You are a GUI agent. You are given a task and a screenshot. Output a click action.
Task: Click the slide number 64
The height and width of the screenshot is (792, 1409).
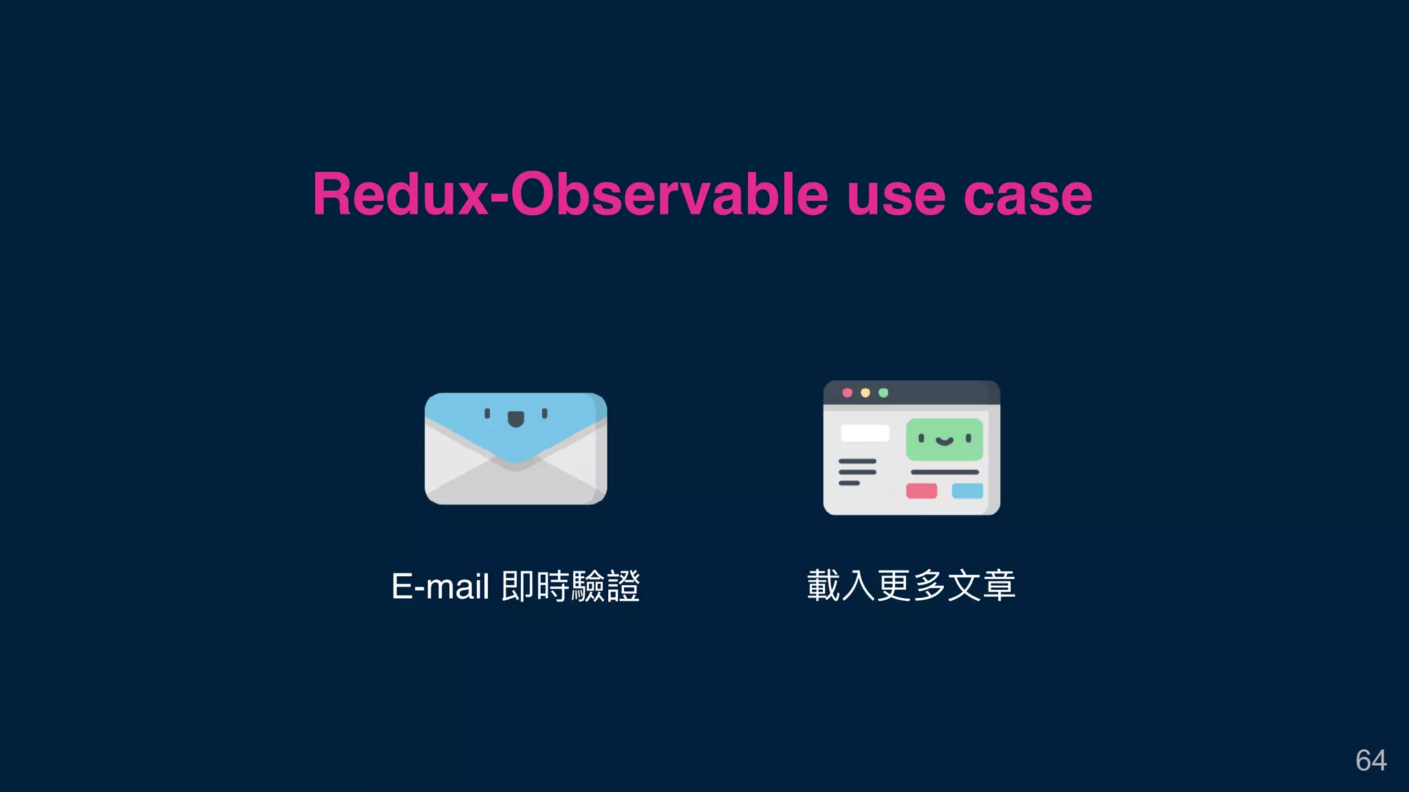click(x=1370, y=760)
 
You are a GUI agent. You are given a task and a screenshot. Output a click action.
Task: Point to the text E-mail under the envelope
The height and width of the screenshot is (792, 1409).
click(x=440, y=587)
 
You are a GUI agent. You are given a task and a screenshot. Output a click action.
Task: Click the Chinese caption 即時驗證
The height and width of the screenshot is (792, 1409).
click(x=570, y=587)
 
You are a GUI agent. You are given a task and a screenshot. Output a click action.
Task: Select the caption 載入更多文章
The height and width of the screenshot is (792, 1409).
click(x=911, y=586)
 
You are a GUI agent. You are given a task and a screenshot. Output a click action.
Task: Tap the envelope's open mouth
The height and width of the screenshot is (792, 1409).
click(x=515, y=419)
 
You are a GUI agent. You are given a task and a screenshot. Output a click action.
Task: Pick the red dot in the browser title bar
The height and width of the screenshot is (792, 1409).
click(x=847, y=393)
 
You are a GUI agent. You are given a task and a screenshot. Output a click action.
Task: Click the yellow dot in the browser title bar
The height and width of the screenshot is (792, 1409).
click(x=865, y=393)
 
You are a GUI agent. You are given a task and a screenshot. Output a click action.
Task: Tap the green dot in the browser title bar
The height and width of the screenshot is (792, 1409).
click(x=883, y=393)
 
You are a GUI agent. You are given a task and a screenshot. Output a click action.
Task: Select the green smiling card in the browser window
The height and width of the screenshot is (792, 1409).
click(x=944, y=440)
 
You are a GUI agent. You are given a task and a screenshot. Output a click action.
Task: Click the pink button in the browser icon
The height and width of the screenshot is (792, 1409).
click(x=921, y=491)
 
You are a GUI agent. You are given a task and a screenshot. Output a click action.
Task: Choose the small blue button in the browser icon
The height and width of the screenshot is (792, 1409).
click(x=967, y=491)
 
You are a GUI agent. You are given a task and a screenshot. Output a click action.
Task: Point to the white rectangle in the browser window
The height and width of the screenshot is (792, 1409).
click(x=865, y=433)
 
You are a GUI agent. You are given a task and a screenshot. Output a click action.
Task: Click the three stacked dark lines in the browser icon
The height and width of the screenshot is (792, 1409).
click(x=857, y=472)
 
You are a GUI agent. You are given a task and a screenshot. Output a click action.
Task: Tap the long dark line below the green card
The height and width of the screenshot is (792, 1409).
click(x=945, y=472)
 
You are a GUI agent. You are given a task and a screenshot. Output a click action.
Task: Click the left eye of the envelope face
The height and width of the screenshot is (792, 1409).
click(x=487, y=413)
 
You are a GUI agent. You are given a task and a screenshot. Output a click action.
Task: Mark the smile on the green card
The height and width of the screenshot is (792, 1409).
click(x=945, y=441)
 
